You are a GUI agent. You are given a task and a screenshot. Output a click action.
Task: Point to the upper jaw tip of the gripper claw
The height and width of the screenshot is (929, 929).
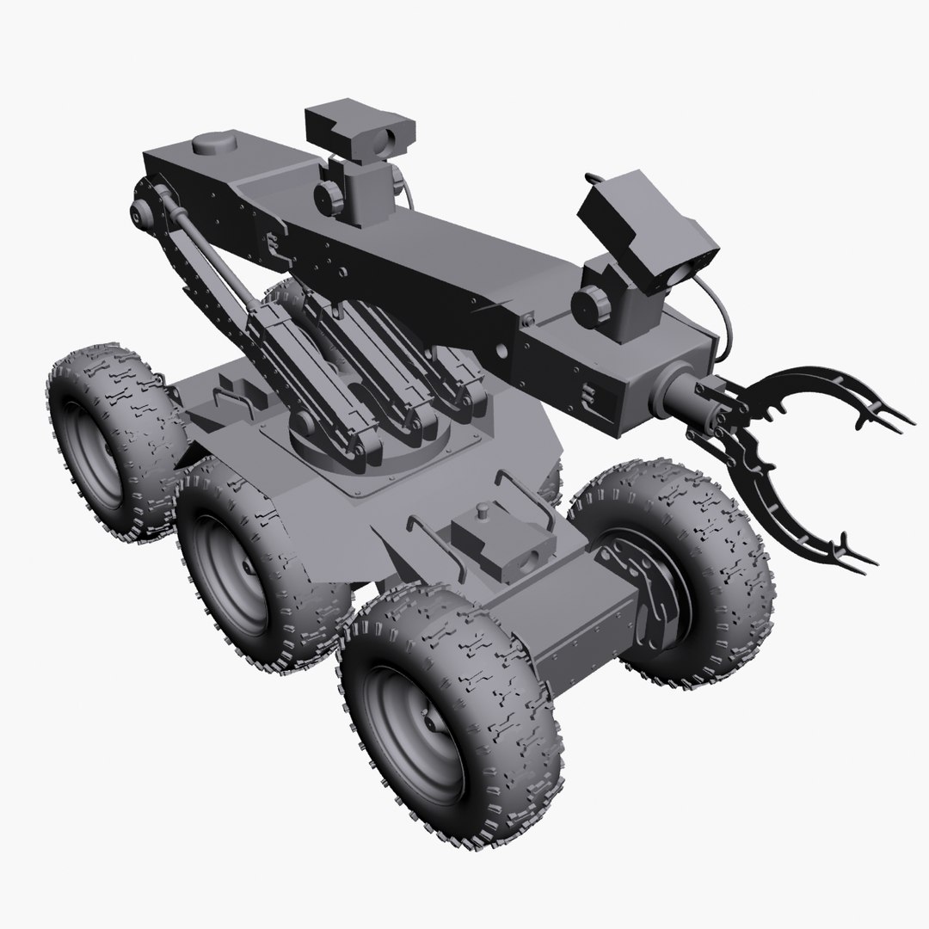[x=899, y=421]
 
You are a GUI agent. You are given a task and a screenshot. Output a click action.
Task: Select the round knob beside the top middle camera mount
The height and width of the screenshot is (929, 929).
[x=329, y=195]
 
